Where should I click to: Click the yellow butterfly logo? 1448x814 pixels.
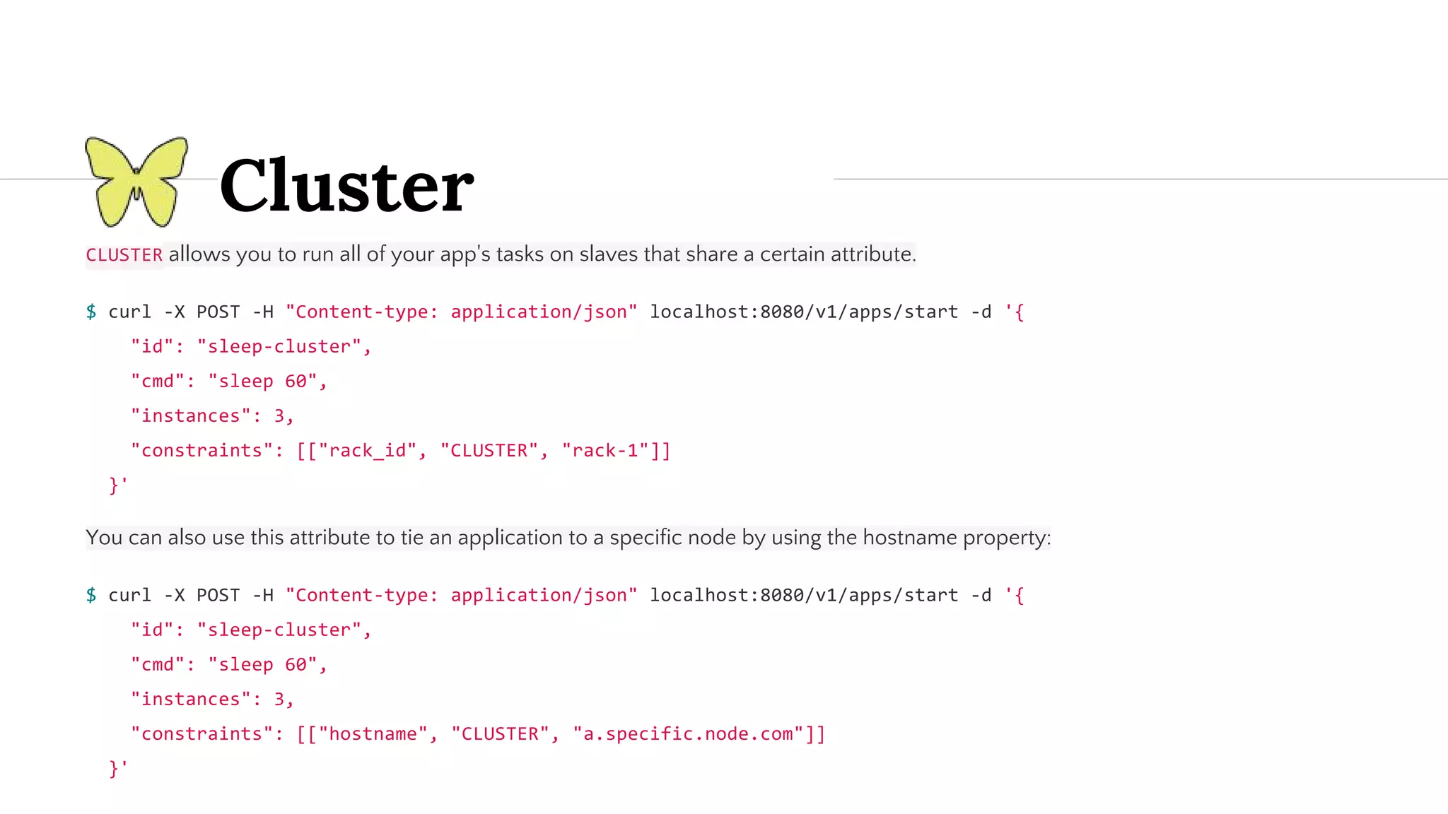136,182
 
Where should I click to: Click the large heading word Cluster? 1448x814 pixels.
346,185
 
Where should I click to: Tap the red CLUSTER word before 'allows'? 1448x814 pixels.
124,255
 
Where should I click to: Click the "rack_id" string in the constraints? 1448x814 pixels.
367,451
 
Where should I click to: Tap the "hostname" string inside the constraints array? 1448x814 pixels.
373,734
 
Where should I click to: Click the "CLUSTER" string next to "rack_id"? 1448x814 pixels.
489,451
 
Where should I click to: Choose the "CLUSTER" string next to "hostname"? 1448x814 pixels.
500,734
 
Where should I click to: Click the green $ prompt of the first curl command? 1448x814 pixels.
91,312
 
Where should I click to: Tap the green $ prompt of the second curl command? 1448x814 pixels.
91,595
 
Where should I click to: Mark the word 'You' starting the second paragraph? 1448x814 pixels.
104,538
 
